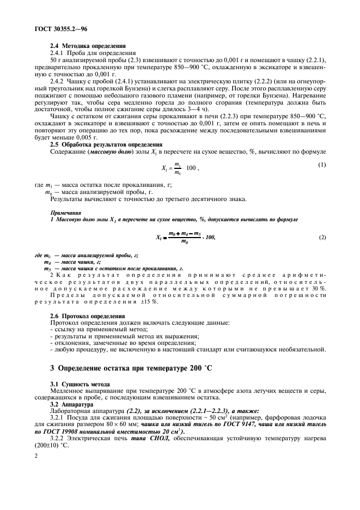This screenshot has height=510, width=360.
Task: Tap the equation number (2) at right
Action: coord(322,239)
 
